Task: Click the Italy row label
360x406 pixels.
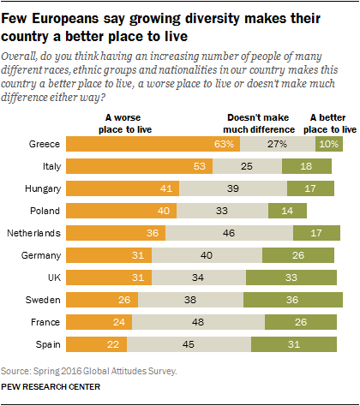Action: (47, 165)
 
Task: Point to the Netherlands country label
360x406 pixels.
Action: (34, 232)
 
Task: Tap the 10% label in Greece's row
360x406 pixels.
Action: (326, 143)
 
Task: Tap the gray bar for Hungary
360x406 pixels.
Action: (223, 188)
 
